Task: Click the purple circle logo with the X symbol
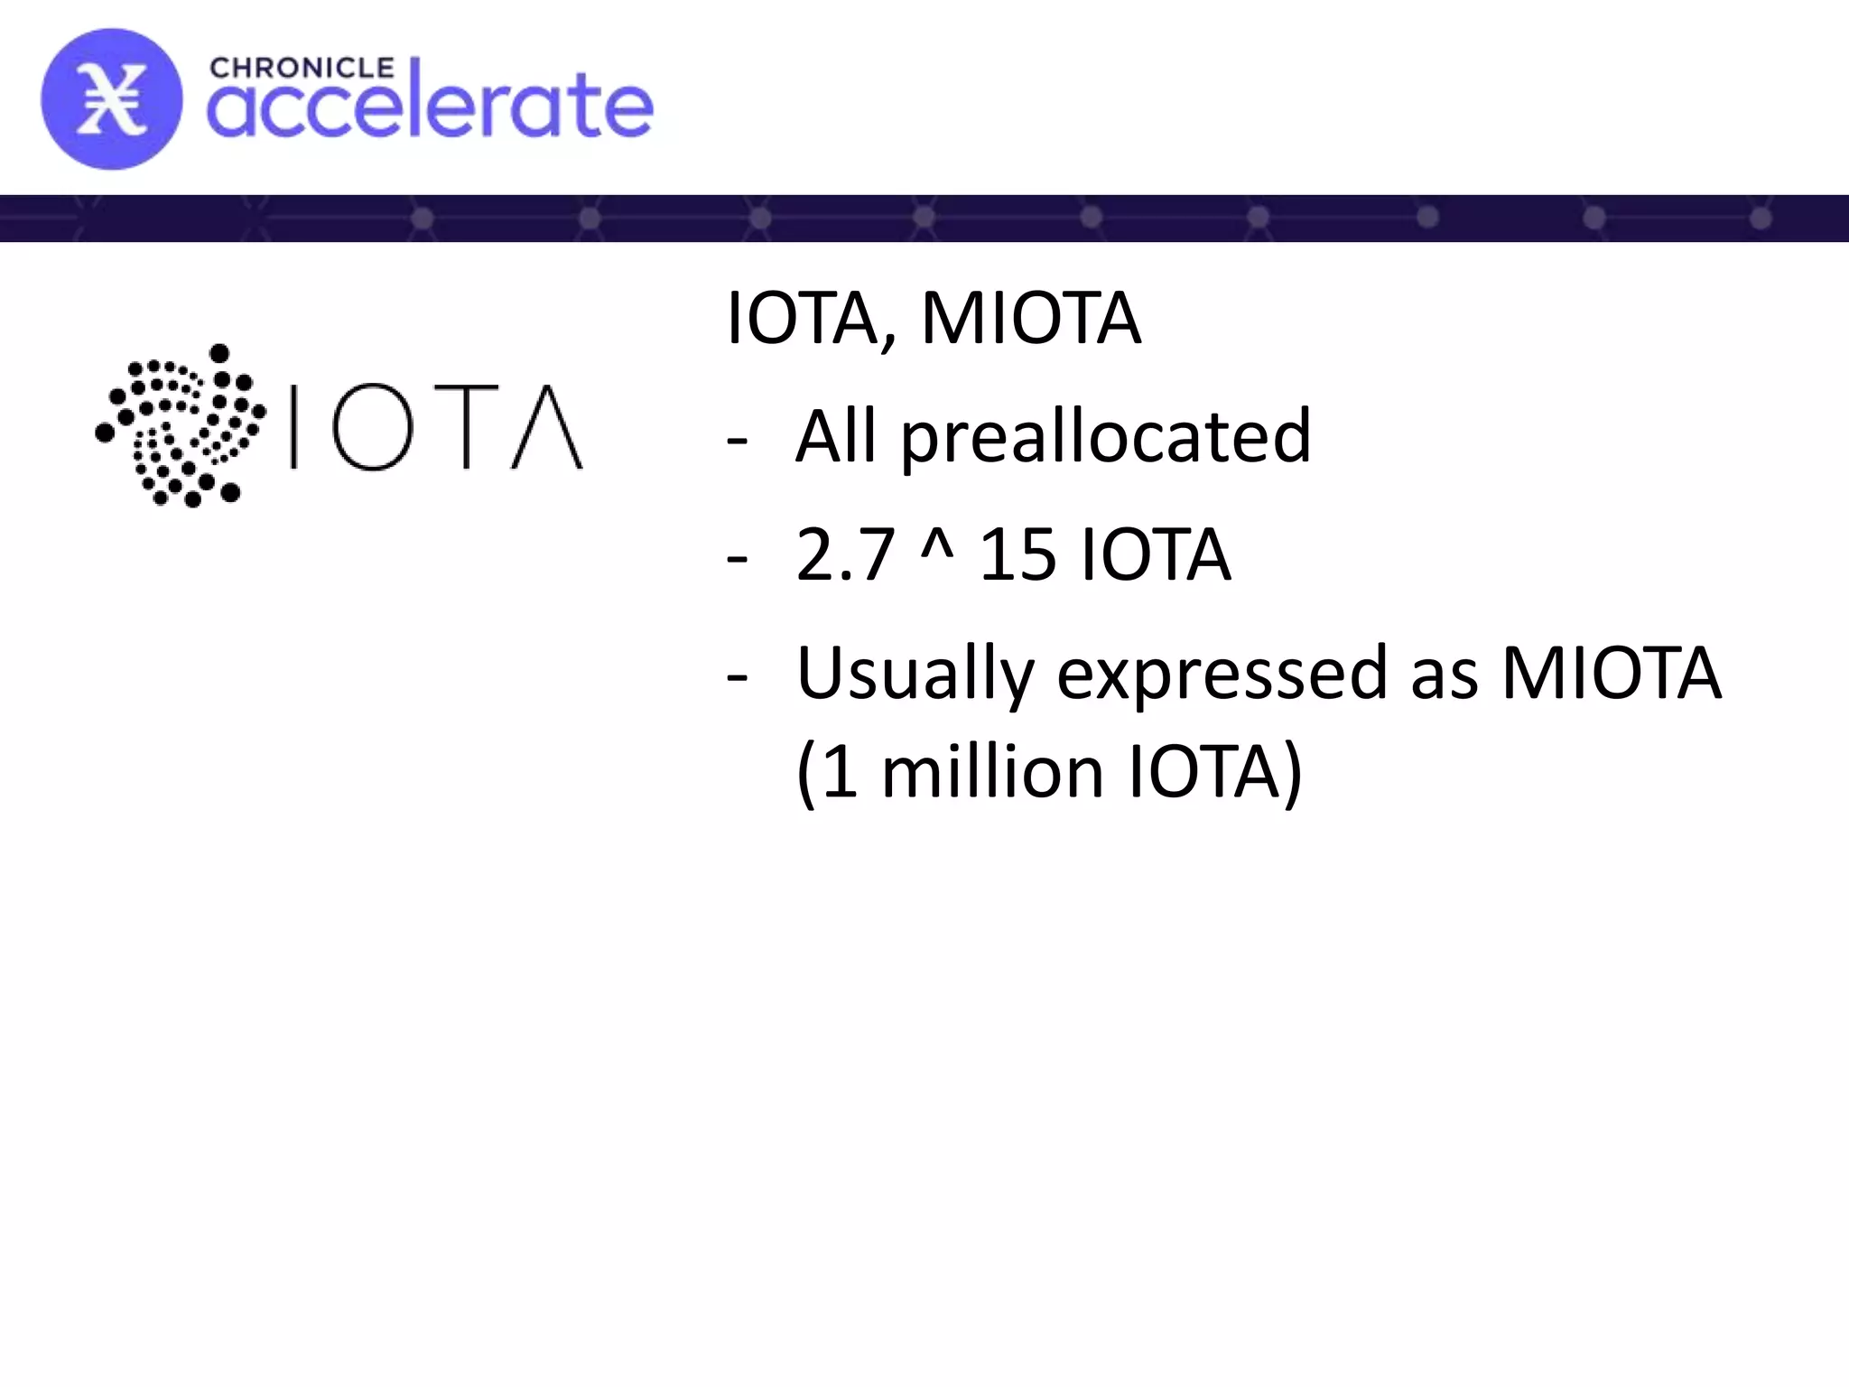[x=111, y=99]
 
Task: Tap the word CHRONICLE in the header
[x=302, y=69]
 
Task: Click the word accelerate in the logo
[x=430, y=107]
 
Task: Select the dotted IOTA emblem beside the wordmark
[x=181, y=424]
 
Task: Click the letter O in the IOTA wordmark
[x=372, y=427]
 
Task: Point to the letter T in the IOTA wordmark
[x=466, y=427]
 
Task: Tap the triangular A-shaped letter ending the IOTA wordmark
[x=547, y=427]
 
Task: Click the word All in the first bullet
[x=835, y=436]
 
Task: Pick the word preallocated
[x=1106, y=438]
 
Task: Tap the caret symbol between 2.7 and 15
[x=937, y=546]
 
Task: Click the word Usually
[x=915, y=674]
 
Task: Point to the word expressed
[x=1222, y=674]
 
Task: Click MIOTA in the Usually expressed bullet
[x=1611, y=673]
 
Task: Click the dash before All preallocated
[x=737, y=441]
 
